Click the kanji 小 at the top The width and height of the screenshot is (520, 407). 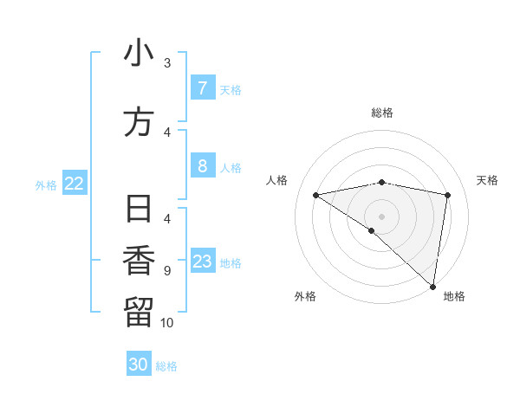[x=139, y=54]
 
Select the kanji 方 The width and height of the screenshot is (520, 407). [x=139, y=122]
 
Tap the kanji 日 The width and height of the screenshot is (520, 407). [x=139, y=210]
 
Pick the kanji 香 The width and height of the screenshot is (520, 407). [x=139, y=261]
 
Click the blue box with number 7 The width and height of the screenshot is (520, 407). [x=202, y=87]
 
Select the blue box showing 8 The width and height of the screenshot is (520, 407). [x=202, y=165]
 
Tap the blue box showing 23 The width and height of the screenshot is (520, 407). [x=202, y=262]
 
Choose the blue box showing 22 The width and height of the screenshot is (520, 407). [x=75, y=183]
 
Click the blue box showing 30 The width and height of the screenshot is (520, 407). [x=139, y=365]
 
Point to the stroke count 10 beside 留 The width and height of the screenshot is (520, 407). [x=167, y=323]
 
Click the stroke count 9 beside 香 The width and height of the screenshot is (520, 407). [x=166, y=271]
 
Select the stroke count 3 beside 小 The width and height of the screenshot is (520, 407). [x=166, y=63]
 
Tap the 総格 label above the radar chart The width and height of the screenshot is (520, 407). [x=381, y=113]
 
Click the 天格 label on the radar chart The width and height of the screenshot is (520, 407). [x=487, y=180]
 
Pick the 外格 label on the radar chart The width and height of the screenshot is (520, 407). [x=305, y=297]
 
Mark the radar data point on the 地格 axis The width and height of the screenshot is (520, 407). [x=433, y=286]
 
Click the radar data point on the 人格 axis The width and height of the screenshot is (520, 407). [x=315, y=195]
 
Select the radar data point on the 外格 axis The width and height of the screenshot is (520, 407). [x=371, y=230]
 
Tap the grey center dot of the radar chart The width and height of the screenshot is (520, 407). [x=381, y=216]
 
